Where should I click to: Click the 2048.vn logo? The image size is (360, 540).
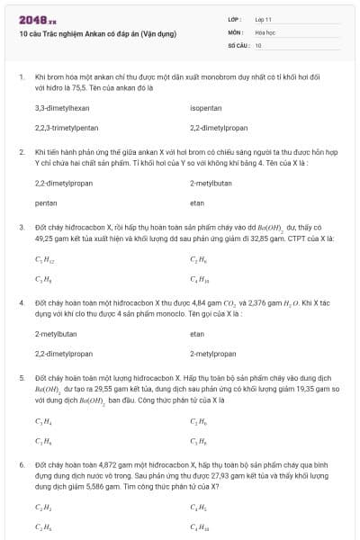(31, 20)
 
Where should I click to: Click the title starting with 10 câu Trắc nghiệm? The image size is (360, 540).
(96, 34)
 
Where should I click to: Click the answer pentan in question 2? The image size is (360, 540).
(45, 203)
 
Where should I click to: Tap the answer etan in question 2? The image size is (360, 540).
(197, 203)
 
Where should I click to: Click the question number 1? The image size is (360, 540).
(22, 77)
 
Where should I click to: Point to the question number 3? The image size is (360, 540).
(22, 228)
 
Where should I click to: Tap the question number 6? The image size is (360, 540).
(22, 463)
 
